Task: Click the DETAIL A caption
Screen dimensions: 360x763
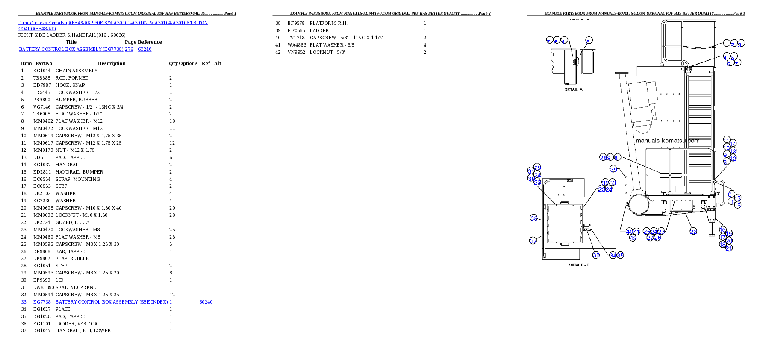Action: click(x=573, y=89)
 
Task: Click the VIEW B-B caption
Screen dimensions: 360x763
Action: click(x=579, y=265)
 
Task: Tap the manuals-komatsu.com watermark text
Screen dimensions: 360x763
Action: click(x=667, y=141)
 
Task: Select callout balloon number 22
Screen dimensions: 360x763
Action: click(x=693, y=231)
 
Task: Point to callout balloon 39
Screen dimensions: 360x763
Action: click(x=613, y=169)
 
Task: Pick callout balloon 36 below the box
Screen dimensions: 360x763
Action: click(x=596, y=255)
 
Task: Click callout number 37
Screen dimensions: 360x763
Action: click(x=533, y=241)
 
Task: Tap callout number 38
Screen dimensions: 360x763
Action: click(x=534, y=218)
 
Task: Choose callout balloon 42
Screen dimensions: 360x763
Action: click(x=633, y=238)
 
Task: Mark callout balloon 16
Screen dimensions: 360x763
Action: click(x=722, y=230)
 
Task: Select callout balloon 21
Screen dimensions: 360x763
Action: click(x=729, y=248)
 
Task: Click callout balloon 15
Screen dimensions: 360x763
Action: click(x=737, y=205)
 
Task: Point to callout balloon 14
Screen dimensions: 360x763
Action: click(x=733, y=143)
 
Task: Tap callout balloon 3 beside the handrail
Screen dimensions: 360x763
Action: click(x=741, y=43)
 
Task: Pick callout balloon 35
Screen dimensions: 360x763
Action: click(x=620, y=255)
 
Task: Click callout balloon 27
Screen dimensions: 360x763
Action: click(x=650, y=238)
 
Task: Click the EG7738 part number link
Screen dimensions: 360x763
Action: click(x=42, y=302)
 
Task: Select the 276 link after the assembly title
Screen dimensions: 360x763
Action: click(x=129, y=49)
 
